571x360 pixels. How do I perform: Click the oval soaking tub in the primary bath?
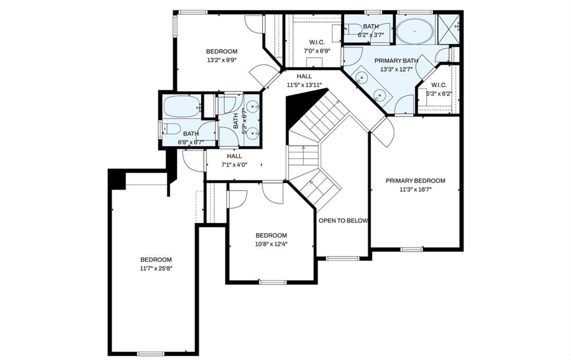pos(414,31)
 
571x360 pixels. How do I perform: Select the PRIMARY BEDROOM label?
pos(415,181)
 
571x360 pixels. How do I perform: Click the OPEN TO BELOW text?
pos(343,221)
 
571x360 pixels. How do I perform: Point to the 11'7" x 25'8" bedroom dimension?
pos(156,269)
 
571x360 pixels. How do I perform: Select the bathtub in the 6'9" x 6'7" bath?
pos(182,106)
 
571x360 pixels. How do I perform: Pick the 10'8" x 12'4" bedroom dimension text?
pos(271,244)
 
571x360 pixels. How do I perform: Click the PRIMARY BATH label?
pos(396,61)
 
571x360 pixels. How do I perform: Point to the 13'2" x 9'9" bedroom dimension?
pos(221,60)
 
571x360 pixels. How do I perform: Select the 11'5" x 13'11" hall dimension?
pos(304,85)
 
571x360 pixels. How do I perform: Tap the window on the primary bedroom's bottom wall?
pos(412,249)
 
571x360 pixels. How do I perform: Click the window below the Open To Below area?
pos(342,258)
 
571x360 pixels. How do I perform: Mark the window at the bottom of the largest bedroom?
pos(151,353)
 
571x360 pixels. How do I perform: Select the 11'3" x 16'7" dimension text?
pos(415,189)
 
